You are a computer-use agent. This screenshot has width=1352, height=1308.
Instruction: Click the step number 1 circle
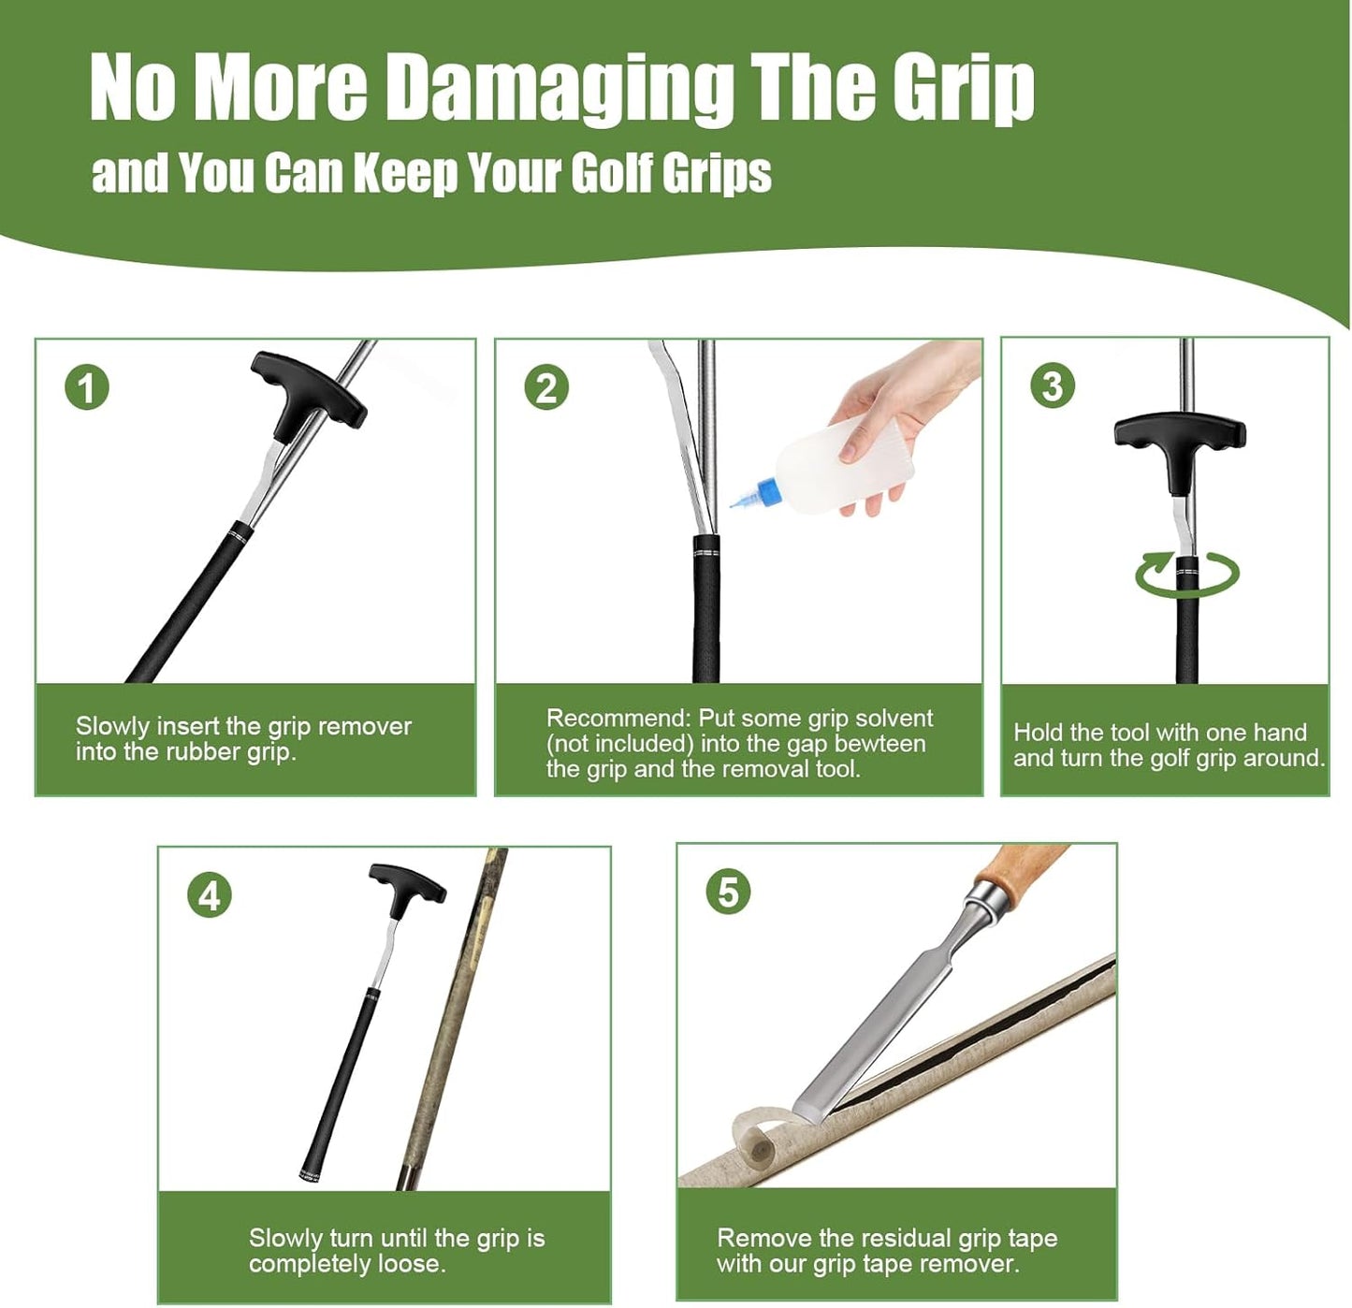point(87,387)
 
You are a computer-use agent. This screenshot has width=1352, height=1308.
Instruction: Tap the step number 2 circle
point(546,387)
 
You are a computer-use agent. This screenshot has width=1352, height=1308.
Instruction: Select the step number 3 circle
point(1053,385)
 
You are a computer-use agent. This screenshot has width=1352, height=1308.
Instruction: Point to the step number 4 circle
point(210,895)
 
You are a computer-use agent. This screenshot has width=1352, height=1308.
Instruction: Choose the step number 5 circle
point(728,892)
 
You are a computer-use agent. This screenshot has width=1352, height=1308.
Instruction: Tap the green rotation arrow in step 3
point(1187,574)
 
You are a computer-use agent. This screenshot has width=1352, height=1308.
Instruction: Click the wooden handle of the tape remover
point(1020,870)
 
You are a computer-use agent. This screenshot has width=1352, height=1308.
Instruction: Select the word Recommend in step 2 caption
point(618,719)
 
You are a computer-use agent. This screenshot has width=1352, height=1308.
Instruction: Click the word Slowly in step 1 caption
point(112,727)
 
